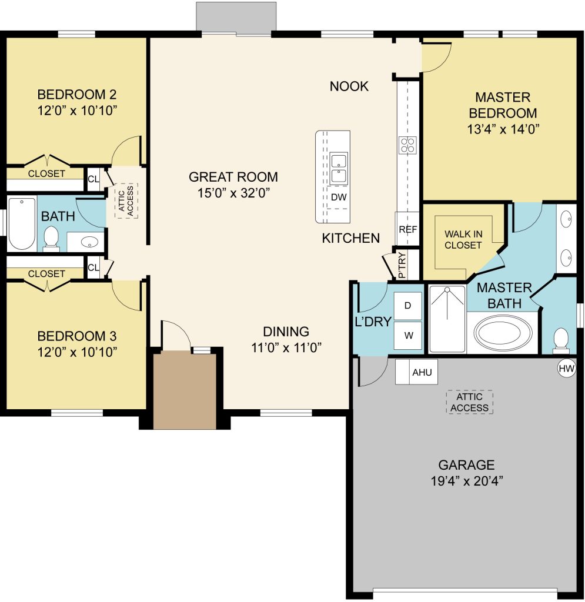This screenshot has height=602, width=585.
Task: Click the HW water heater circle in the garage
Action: (566, 369)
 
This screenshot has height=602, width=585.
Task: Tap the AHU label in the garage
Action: (422, 372)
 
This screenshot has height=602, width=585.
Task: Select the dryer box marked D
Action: (407, 306)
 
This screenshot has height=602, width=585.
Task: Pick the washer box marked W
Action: (407, 336)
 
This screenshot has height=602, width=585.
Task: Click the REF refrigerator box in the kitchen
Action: (407, 229)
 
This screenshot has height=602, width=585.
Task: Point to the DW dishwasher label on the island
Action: (339, 198)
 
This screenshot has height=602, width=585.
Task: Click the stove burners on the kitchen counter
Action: (407, 145)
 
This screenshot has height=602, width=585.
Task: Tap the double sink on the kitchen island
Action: (339, 168)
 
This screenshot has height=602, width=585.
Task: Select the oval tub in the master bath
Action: (503, 333)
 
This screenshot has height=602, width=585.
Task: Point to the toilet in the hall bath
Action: (51, 239)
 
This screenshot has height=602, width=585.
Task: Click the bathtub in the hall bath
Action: (22, 223)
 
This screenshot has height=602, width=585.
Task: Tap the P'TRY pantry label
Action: (402, 265)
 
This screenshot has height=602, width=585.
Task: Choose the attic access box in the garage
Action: (469, 402)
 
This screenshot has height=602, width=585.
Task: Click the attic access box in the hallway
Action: (126, 201)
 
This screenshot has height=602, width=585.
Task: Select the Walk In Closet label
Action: (463, 240)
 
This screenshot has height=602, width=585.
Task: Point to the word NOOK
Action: (349, 86)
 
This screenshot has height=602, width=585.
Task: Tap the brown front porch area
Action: (185, 390)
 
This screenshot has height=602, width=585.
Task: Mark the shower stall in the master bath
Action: (447, 319)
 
